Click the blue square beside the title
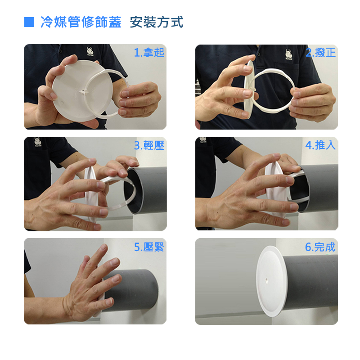tap(29, 22)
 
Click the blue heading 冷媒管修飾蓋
tap(81, 22)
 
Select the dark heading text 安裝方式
tap(157, 22)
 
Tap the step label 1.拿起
tap(149, 53)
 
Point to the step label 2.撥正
tap(321, 53)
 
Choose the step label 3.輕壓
tap(149, 145)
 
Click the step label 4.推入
tap(320, 145)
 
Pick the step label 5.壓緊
tap(149, 247)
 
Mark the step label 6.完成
tap(320, 247)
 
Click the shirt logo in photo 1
tap(90, 51)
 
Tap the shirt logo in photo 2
tap(288, 54)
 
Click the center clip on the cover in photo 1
tap(84, 93)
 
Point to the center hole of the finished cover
tap(265, 280)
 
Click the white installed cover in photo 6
tap(271, 281)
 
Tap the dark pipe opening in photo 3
tap(133, 190)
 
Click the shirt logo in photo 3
tap(37, 142)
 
